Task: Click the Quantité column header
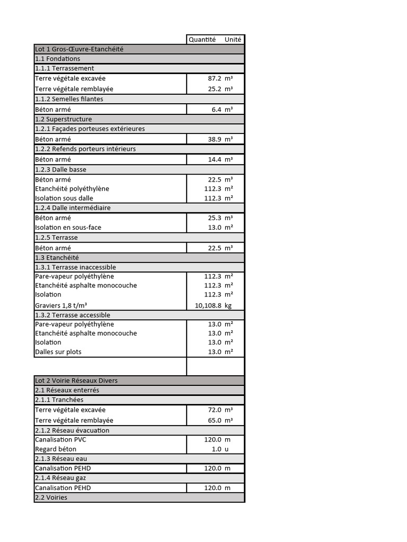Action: (x=202, y=39)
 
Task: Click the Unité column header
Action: (x=233, y=39)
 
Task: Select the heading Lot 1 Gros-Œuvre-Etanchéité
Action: (x=79, y=49)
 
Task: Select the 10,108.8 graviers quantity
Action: (x=209, y=305)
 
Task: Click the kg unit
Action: (x=228, y=305)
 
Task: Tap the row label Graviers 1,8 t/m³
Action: (x=61, y=305)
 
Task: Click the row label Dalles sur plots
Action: (x=58, y=352)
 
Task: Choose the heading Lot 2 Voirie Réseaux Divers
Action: (x=76, y=381)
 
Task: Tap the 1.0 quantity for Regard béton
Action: (x=216, y=449)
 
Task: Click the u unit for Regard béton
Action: (x=227, y=449)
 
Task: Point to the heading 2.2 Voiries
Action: (x=51, y=498)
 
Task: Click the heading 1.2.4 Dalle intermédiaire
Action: (x=73, y=208)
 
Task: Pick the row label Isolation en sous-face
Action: (x=68, y=228)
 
